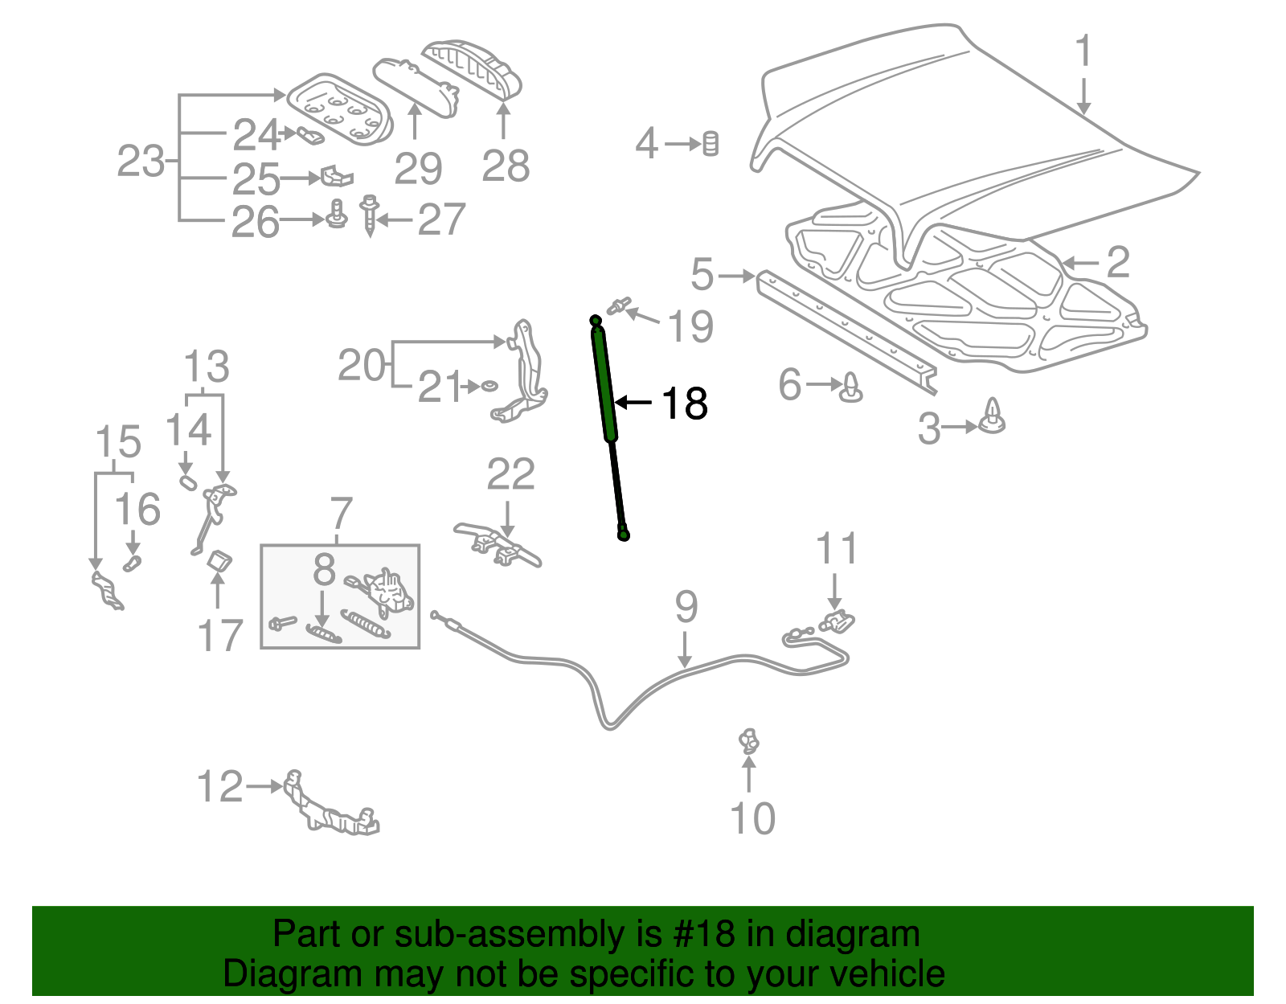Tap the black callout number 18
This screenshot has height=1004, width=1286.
(x=684, y=404)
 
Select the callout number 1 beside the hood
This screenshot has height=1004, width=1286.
(x=1083, y=51)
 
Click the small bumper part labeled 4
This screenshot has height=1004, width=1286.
(x=711, y=144)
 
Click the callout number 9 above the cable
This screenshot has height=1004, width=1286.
(x=686, y=607)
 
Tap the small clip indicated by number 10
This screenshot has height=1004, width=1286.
(x=749, y=740)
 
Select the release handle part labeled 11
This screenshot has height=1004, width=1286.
(x=838, y=621)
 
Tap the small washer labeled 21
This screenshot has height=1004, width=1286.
(x=489, y=387)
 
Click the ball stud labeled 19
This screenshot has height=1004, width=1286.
(x=617, y=306)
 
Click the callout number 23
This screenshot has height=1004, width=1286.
(x=140, y=162)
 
